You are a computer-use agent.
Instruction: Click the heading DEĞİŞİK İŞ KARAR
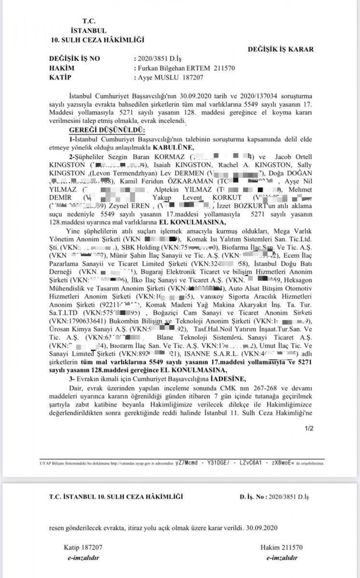281,49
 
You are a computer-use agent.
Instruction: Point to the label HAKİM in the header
61,68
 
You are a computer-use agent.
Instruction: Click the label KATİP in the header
60,77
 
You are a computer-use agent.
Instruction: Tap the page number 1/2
309,427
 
